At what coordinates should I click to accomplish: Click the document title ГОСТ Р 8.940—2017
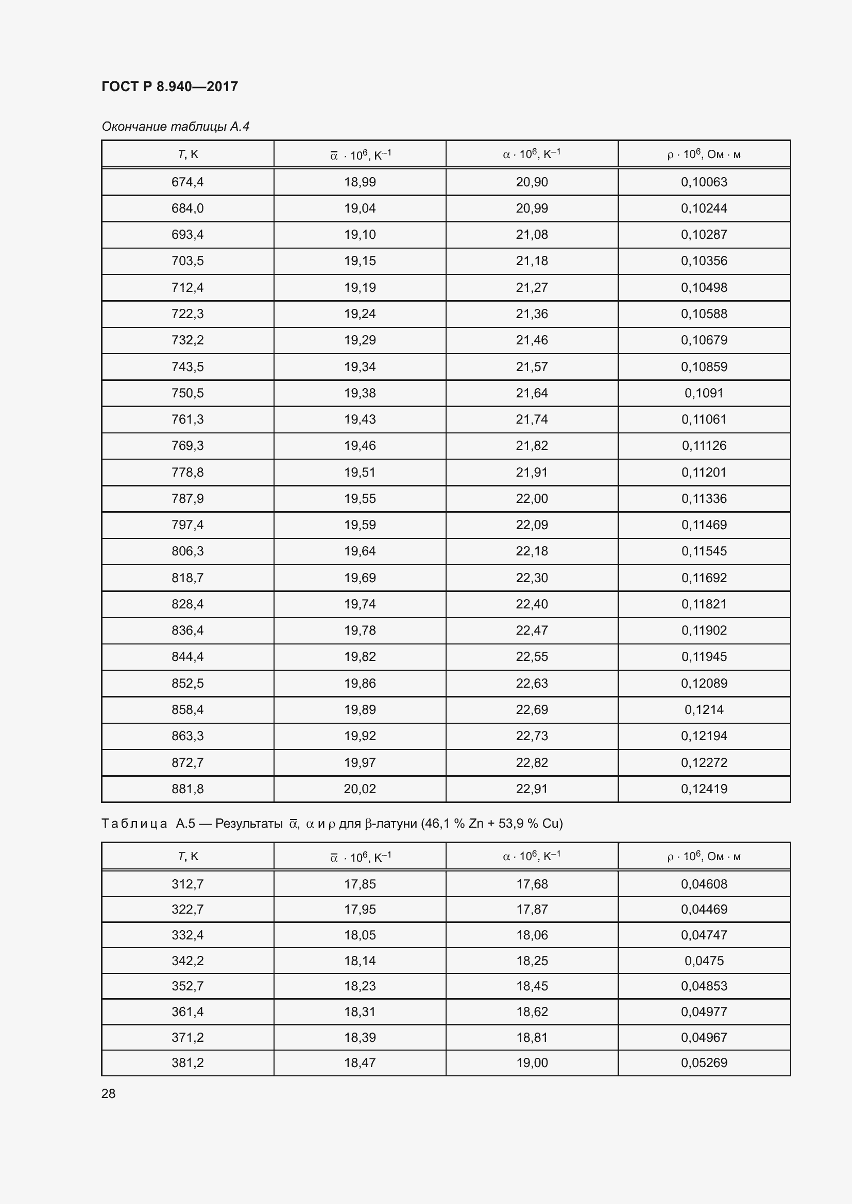[169, 86]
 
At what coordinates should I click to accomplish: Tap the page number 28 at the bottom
[109, 1093]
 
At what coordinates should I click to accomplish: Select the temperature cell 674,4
[188, 182]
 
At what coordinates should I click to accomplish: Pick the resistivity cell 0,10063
[704, 182]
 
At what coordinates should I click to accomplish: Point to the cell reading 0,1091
[704, 393]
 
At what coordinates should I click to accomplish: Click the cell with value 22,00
[532, 498]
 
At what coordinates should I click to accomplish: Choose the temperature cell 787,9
[188, 498]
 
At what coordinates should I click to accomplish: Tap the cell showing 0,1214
[704, 709]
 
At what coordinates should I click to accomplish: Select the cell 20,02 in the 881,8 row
[360, 789]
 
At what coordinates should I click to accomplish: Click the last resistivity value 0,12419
[704, 789]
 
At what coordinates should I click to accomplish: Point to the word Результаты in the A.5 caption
[249, 823]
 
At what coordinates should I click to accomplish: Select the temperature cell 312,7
[188, 884]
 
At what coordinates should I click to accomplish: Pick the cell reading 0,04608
[704, 884]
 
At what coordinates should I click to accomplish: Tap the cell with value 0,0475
[704, 961]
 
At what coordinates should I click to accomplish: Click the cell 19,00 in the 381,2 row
[532, 1062]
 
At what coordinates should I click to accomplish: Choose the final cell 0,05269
[704, 1062]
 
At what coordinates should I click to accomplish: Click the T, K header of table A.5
[188, 857]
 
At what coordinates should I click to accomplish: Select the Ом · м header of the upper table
[723, 155]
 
